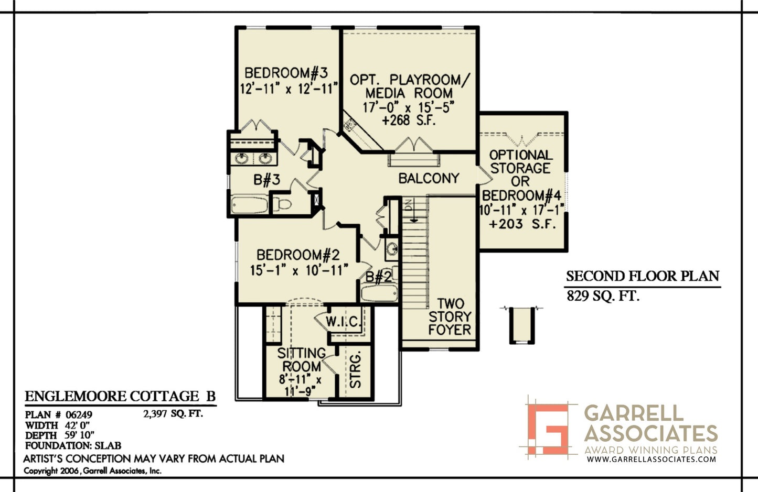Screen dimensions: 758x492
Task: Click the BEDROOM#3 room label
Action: [x=286, y=73]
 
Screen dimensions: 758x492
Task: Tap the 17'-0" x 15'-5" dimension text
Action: [x=409, y=107]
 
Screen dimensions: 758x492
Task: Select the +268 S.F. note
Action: [x=409, y=121]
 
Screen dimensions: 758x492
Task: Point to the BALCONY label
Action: [x=429, y=178]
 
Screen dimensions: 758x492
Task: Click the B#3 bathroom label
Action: [x=266, y=180]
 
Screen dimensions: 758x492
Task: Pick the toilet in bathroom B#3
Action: [x=282, y=204]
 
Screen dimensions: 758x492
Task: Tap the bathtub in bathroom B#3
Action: [x=249, y=205]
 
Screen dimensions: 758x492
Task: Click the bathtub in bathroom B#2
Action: [x=379, y=293]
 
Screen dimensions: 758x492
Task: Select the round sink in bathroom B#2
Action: [x=392, y=249]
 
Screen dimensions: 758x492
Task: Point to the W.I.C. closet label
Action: [x=344, y=322]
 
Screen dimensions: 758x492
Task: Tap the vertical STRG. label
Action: [x=356, y=369]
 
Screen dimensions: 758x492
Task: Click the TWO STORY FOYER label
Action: [x=450, y=316]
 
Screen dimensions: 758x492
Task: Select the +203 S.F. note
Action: [x=522, y=224]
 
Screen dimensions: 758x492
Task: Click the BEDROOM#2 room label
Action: [x=298, y=255]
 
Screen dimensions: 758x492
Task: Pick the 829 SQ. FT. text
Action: [x=603, y=297]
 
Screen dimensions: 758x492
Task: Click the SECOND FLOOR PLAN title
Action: [x=643, y=276]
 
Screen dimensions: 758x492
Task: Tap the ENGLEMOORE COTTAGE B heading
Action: [x=121, y=396]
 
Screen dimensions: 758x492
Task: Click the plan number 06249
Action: [x=79, y=414]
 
